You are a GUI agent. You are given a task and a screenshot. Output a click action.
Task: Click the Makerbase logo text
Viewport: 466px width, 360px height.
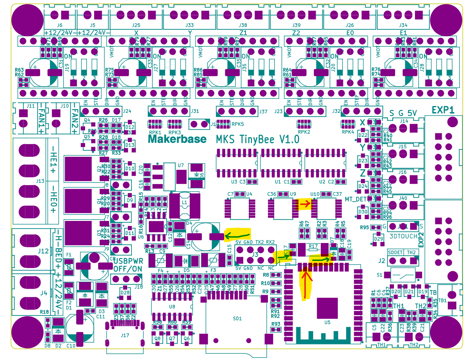click(177, 139)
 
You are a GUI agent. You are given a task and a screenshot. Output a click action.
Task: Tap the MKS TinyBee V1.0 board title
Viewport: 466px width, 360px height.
click(257, 139)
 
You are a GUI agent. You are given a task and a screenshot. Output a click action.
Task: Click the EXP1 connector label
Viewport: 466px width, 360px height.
click(442, 110)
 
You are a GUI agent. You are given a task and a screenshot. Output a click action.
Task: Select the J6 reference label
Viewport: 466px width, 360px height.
click(60, 25)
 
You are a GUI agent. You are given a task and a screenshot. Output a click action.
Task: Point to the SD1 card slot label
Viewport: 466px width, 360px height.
click(237, 319)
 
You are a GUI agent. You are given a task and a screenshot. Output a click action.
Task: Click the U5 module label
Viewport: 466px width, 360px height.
click(327, 322)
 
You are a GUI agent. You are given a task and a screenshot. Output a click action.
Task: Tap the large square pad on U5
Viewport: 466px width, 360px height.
click(327, 308)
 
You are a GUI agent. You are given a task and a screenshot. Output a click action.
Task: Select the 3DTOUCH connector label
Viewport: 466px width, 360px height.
click(403, 236)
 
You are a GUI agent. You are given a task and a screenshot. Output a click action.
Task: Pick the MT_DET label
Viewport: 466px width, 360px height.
click(356, 199)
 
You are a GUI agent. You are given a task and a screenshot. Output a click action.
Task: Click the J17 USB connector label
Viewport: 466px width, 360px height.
click(125, 335)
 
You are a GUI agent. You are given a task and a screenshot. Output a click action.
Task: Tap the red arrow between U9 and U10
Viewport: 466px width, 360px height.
click(305, 204)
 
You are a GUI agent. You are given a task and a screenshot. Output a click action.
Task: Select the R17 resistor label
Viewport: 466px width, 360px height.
click(313, 246)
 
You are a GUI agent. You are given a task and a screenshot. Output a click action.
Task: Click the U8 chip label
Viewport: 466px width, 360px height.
click(172, 307)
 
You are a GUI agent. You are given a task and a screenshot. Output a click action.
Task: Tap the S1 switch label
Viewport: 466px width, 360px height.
click(379, 275)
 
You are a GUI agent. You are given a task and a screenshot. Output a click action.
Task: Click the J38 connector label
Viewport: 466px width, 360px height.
click(243, 25)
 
